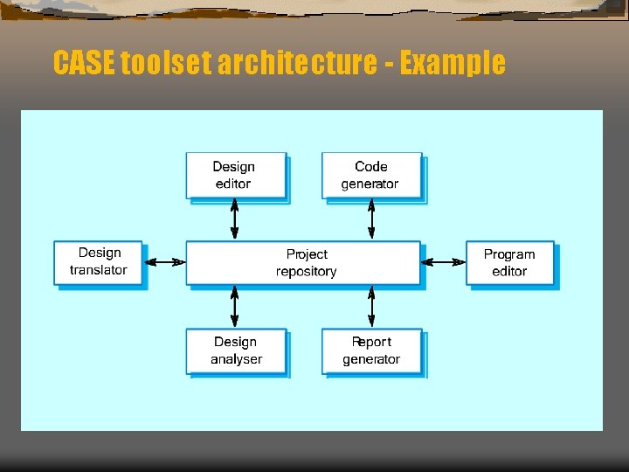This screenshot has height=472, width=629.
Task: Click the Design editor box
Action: pyautogui.click(x=236, y=175)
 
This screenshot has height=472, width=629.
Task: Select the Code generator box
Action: pyautogui.click(x=371, y=175)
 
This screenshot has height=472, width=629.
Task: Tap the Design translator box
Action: pyautogui.click(x=99, y=261)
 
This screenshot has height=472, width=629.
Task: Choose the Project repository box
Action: pyautogui.click(x=303, y=262)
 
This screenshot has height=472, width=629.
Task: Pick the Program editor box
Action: pyautogui.click(x=509, y=262)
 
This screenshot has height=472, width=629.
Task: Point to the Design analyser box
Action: pyautogui.click(x=236, y=351)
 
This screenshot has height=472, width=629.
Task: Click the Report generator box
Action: pyautogui.click(x=371, y=351)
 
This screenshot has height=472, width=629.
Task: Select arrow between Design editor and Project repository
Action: pyautogui.click(x=234, y=219)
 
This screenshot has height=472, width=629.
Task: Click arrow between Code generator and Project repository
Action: pyautogui.click(x=371, y=219)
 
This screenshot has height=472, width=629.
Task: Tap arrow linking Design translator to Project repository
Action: pyautogui.click(x=164, y=261)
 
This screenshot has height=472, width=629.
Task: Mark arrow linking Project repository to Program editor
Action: pyautogui.click(x=443, y=261)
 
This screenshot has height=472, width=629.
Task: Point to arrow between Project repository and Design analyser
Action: pyautogui.click(x=234, y=306)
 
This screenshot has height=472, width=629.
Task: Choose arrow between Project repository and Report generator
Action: pyautogui.click(x=371, y=306)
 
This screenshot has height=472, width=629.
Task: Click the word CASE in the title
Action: pyautogui.click(x=84, y=63)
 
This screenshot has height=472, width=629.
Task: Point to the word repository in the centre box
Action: pyautogui.click(x=307, y=272)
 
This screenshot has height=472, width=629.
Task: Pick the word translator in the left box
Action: pyautogui.click(x=99, y=270)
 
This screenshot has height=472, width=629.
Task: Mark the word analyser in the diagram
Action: pyautogui.click(x=236, y=359)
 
